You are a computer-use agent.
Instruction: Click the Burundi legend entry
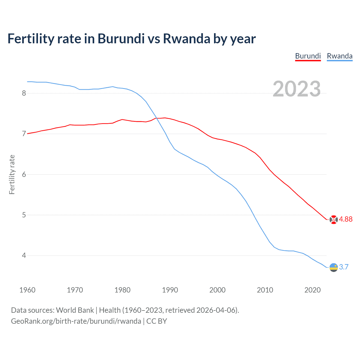point(308,56)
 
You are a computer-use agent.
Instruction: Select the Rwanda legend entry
point(339,56)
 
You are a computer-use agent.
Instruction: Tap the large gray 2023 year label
point(297,89)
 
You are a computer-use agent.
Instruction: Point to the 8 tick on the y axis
point(24,93)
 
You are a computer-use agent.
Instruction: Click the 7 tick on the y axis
point(24,134)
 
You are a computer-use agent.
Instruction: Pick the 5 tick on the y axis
point(24,215)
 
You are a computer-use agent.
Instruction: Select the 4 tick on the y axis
point(24,256)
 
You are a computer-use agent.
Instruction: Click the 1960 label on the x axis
point(27,290)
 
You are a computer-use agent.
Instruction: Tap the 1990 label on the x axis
point(170,290)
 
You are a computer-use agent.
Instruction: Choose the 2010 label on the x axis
point(265,290)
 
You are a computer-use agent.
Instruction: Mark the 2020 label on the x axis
point(312,290)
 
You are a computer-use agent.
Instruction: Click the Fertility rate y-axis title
point(12,174)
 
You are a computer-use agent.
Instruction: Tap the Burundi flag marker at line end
point(334,220)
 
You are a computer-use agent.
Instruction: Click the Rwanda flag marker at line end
point(334,267)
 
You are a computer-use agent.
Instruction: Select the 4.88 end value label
point(346,219)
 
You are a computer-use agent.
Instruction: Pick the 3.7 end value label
point(344,267)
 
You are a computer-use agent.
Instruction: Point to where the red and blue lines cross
point(157,118)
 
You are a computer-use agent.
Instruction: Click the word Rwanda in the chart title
point(186,39)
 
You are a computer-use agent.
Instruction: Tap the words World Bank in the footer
point(75,310)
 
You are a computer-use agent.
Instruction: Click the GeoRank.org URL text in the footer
point(76,321)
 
